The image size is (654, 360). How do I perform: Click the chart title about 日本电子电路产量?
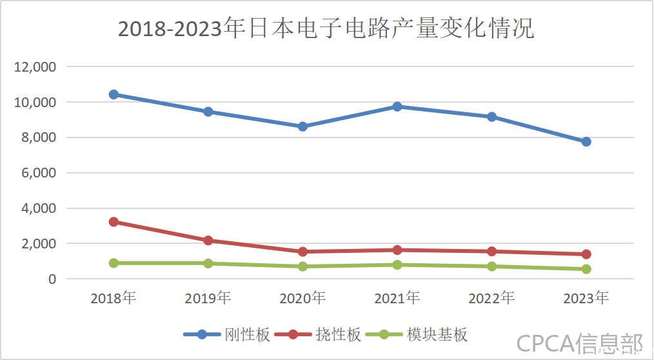(x=326, y=29)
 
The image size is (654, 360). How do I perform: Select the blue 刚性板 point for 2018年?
(x=114, y=94)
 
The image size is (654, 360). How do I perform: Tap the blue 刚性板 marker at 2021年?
(x=397, y=106)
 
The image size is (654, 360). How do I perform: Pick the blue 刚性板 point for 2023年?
(x=586, y=142)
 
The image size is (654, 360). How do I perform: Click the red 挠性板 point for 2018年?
(x=114, y=222)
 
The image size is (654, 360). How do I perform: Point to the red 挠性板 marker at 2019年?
(x=208, y=241)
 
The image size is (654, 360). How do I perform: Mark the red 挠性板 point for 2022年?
(x=491, y=252)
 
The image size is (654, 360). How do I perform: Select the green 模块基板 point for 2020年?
(x=302, y=266)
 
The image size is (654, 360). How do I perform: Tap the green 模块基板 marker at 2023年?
(x=586, y=269)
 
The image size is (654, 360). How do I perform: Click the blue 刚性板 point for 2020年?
(x=302, y=126)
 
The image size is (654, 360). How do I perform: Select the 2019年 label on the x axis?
(x=208, y=298)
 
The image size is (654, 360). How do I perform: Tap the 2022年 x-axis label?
(x=491, y=298)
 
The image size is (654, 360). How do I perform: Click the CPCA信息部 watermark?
(x=579, y=343)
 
